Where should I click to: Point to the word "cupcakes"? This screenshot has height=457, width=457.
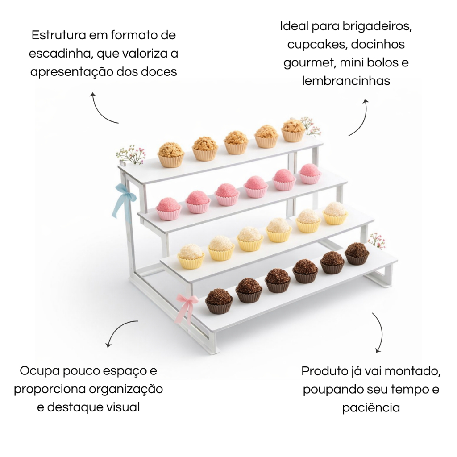pyautogui.click(x=316, y=44)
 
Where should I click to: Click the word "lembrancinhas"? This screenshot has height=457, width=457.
pyautogui.click(x=346, y=81)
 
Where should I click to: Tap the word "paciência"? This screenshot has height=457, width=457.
pyautogui.click(x=371, y=407)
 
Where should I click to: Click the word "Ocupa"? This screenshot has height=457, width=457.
pyautogui.click(x=38, y=370)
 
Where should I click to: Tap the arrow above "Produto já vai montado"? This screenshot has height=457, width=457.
pyautogui.click(x=378, y=332)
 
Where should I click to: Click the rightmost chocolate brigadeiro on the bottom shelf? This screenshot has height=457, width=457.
pyautogui.click(x=357, y=253)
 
